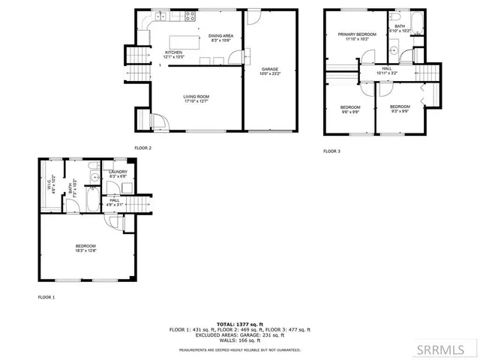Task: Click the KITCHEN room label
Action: coord(173,52)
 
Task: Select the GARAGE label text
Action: coord(265,69)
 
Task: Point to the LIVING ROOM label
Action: coord(196,97)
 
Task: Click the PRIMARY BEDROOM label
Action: coord(356,34)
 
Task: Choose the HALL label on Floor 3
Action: coord(387,70)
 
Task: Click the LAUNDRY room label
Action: coord(118,172)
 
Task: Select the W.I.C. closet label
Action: coord(49,181)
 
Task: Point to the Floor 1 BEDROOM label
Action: coord(85,246)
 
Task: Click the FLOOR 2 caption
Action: coord(142,148)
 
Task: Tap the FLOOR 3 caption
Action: coord(331,151)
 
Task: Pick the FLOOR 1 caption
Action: coord(46,297)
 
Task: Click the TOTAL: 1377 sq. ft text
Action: coord(240,324)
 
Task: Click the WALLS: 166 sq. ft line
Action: coord(240,341)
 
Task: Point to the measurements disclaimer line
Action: coord(240,349)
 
